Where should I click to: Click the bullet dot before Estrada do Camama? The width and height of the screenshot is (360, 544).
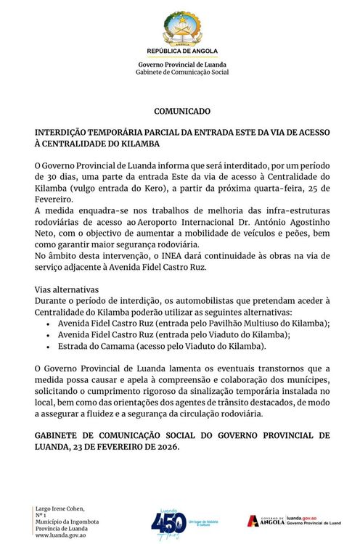48,347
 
